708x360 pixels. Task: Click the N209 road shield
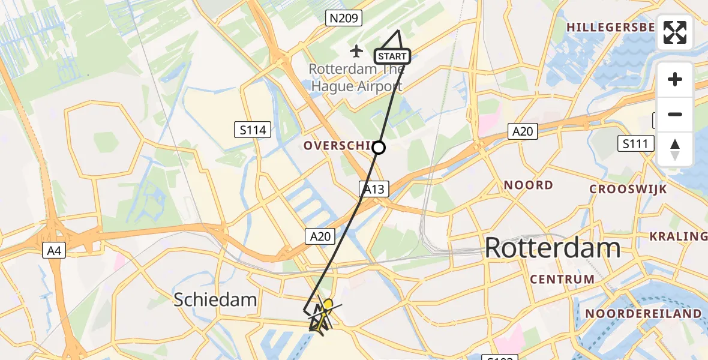point(344,19)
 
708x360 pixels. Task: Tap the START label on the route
point(392,56)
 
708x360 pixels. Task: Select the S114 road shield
point(253,129)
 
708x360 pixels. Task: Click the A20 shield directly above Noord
point(523,132)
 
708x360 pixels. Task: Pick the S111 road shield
point(635,143)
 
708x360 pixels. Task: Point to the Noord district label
point(528,185)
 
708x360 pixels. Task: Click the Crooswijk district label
point(628,189)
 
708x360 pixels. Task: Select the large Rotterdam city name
point(552,248)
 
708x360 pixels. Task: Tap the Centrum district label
point(562,279)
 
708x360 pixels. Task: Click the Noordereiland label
point(643,314)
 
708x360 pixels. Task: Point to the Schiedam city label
point(215,299)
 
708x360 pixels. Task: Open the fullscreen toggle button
point(675,32)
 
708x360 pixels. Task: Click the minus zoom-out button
point(675,115)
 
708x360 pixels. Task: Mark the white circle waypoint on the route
point(379,147)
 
